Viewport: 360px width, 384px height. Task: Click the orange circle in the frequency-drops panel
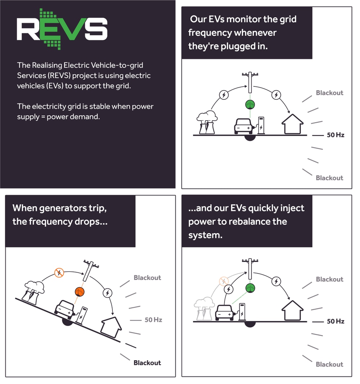tap(79, 292)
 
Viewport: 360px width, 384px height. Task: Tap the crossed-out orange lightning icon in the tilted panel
tap(59, 273)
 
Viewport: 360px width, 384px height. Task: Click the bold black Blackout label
tap(147, 363)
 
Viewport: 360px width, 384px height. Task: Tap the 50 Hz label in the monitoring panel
tap(336, 135)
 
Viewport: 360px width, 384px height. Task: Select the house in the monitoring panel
tap(292, 124)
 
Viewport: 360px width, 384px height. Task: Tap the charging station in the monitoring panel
tap(261, 125)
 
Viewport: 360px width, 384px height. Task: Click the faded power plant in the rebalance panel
tap(204, 309)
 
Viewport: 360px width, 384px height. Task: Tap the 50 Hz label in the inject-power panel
tap(336, 321)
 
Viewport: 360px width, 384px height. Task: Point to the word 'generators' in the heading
tap(59, 208)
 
